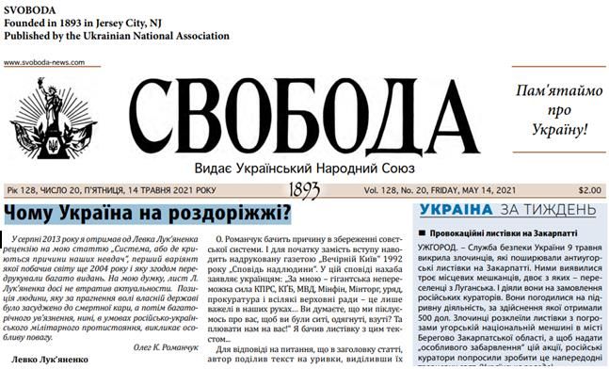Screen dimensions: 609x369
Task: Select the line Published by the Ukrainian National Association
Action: coord(115,35)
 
